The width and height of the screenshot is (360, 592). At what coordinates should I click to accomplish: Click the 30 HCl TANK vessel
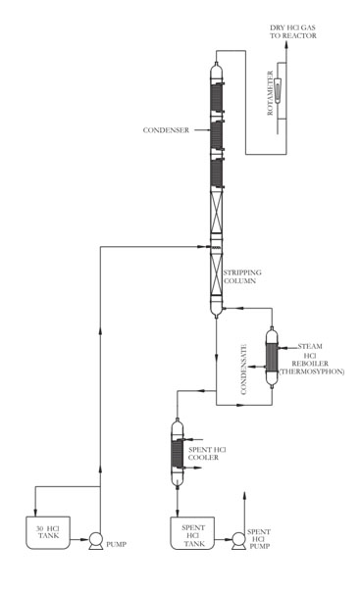coord(48,532)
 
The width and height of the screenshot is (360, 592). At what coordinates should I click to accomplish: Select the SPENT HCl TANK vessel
coord(192,533)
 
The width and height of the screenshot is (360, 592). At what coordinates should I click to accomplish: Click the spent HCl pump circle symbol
coord(238,541)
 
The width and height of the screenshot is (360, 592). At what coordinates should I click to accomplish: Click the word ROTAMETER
coord(270,93)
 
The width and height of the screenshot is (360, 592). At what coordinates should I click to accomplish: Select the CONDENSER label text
coord(166,130)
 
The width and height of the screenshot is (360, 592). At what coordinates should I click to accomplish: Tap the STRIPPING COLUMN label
coord(242,276)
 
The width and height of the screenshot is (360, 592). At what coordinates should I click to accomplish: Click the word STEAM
coord(310,346)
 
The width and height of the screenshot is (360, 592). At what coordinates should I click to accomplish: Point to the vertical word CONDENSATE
coord(243,370)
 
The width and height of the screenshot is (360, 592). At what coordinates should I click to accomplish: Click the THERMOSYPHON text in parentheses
coord(312,371)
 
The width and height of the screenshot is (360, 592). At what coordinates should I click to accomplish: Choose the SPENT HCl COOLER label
coord(207,454)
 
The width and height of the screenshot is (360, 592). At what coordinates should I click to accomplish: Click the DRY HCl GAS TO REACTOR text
coord(292,31)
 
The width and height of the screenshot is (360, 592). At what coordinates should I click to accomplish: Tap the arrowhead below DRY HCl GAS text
coord(286,45)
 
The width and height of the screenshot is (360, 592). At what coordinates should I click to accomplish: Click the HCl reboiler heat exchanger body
coord(272,358)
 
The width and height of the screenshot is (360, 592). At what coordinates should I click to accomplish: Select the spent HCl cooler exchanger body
coord(178,454)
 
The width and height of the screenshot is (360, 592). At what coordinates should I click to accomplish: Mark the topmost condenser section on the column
coord(217,97)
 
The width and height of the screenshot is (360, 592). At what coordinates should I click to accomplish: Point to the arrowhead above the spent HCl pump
coord(244,495)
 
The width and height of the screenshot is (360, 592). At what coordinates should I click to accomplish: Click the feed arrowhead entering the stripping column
coord(201,247)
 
